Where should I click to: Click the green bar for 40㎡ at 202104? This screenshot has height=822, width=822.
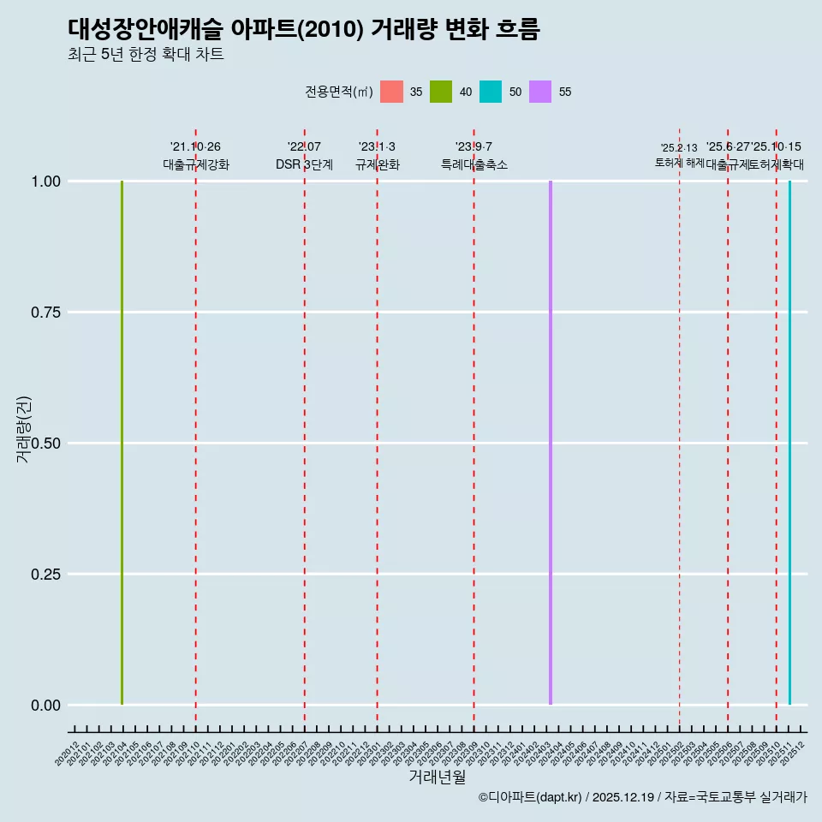pos(122,443)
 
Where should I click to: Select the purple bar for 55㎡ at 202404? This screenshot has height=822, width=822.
pos(550,443)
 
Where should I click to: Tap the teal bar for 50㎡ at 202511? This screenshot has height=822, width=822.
pos(789,443)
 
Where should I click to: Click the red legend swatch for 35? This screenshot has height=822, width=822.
pos(391,92)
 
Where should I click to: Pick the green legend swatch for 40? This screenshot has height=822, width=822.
pos(441,92)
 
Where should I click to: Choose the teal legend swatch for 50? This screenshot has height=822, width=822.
pos(491,92)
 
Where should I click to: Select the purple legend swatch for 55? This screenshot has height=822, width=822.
pos(540,92)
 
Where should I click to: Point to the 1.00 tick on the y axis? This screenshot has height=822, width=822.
pos(45,182)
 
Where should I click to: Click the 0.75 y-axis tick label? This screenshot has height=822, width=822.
pos(45,313)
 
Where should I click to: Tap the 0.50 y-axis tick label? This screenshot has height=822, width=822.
pos(45,444)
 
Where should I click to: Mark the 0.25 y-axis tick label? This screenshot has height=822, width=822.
pos(45,575)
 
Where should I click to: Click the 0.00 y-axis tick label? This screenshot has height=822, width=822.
pos(45,706)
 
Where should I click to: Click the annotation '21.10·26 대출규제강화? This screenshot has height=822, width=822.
pos(196,156)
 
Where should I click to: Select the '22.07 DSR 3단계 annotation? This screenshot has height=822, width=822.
pos(304,156)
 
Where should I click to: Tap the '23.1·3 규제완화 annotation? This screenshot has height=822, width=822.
pos(377,156)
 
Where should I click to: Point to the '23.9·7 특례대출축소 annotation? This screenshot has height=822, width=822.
pos(474,156)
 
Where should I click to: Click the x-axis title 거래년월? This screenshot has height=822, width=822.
pos(437,777)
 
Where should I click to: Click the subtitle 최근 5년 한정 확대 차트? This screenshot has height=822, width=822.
pos(146,55)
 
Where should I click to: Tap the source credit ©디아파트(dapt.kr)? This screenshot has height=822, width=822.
pos(530,797)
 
